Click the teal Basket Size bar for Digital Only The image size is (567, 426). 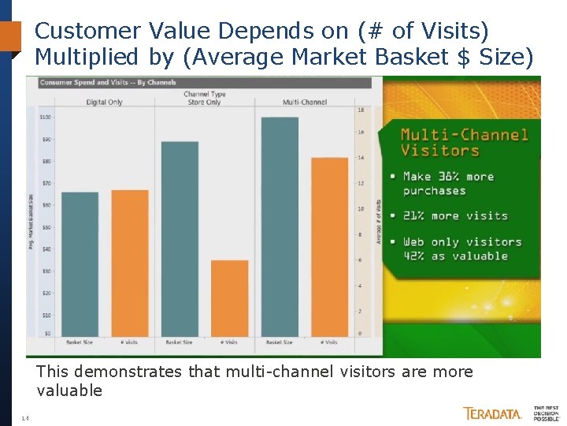tap(80, 264)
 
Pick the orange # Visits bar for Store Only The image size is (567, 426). tap(229, 298)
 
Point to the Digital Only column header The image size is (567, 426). tap(105, 103)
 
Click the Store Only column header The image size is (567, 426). tap(203, 103)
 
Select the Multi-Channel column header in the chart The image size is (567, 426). tap(304, 103)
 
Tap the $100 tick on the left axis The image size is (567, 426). tap(45, 117)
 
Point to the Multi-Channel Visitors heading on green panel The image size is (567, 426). tap(464, 143)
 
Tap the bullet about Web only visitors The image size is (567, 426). tap(461, 249)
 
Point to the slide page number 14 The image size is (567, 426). tap(25, 418)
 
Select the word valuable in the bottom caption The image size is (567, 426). tap(69, 390)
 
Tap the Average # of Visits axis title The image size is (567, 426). tap(379, 221)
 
